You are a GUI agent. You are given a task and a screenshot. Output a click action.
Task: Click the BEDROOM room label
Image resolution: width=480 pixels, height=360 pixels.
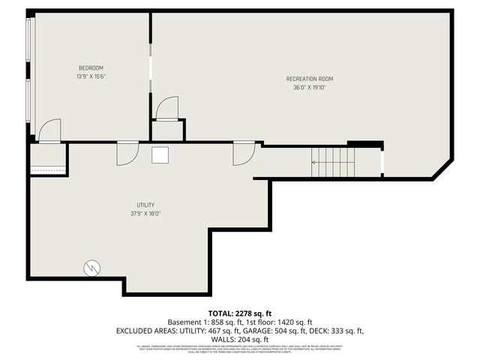90,67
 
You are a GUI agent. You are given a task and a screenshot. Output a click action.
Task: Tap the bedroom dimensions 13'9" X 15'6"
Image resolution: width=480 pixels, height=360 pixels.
90,76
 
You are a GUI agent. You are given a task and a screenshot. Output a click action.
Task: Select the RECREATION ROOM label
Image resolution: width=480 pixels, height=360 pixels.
309,79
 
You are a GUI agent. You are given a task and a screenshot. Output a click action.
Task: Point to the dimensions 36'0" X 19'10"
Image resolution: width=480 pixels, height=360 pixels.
309,88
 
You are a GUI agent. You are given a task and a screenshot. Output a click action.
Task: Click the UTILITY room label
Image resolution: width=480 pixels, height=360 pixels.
145,205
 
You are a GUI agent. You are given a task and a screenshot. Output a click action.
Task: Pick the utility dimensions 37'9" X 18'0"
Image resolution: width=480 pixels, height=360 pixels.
145,214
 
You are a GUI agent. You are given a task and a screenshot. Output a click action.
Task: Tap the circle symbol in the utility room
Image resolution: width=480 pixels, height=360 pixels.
92,266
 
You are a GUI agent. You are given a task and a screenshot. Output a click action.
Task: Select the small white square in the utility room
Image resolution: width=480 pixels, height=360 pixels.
160,154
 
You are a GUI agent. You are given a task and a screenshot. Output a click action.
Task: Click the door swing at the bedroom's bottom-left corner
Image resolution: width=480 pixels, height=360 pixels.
49,130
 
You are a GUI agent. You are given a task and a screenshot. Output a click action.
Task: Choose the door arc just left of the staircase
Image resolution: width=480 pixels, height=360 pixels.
244,154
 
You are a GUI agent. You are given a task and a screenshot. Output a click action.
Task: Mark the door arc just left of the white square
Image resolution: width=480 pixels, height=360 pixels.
127,154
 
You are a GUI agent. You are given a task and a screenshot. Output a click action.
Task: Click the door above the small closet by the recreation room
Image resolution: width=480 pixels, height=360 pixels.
166,108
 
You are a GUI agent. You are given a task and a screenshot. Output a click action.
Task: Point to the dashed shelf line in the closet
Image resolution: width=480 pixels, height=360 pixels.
48,170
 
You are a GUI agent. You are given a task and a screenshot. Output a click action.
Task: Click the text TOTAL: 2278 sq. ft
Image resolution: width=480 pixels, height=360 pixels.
239,313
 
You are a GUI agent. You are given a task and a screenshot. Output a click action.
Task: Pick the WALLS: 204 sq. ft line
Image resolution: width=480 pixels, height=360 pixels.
240,339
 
